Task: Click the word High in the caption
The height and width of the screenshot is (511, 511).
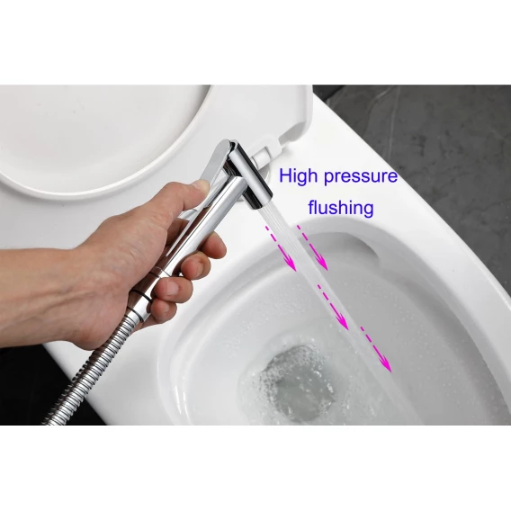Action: coord(298,177)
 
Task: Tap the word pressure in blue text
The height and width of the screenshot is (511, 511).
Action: coord(361,177)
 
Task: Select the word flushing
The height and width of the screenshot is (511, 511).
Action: coord(341,208)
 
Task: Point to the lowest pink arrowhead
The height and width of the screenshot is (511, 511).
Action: coord(386,364)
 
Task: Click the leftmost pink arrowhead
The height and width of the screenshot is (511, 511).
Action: coord(290,264)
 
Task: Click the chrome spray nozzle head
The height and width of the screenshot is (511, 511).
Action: coord(251,175)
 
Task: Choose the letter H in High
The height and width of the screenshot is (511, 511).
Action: coord(285,176)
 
